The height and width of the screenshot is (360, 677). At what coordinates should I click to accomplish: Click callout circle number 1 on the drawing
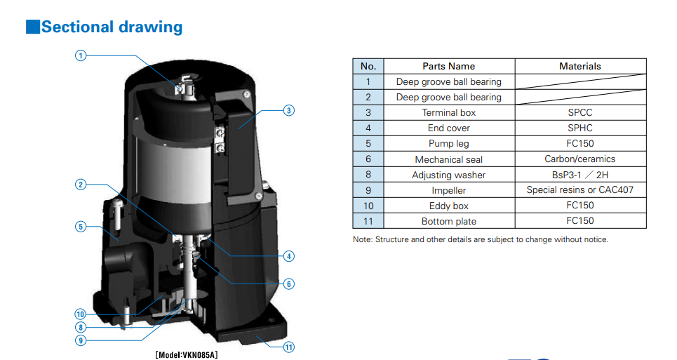pos(81,55)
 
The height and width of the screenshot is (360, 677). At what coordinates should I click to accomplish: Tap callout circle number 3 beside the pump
pos(288,110)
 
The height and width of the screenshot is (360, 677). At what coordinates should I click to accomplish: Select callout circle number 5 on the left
pos(81,226)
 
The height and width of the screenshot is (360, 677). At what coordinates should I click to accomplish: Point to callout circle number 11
pos(288,347)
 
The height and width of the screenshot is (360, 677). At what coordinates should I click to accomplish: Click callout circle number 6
pos(288,284)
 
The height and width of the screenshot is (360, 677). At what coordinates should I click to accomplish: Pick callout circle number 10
pos(81,314)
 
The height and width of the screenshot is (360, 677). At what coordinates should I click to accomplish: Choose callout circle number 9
pos(81,340)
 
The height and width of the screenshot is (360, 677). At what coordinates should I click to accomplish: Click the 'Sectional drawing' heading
pos(112,27)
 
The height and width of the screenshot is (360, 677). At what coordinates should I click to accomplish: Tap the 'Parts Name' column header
pos(448,66)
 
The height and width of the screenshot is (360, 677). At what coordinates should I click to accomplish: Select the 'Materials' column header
pos(579,66)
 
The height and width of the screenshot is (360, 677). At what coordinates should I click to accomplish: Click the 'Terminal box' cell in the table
pos(448,112)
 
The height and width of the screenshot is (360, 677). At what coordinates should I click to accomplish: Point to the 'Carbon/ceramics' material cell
pos(579,159)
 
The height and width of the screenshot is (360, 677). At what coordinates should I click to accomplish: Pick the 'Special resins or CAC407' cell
pos(579,190)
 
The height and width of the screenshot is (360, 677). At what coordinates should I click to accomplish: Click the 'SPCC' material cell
pos(579,112)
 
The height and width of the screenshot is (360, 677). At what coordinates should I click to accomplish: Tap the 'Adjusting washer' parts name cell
pos(448,175)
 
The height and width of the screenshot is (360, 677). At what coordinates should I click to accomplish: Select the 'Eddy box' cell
pos(448,206)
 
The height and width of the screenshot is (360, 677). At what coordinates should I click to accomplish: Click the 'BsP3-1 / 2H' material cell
pos(579,175)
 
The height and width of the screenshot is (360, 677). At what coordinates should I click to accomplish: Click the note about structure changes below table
pos(480,239)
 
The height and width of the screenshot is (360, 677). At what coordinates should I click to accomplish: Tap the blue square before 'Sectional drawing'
pos(32,27)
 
